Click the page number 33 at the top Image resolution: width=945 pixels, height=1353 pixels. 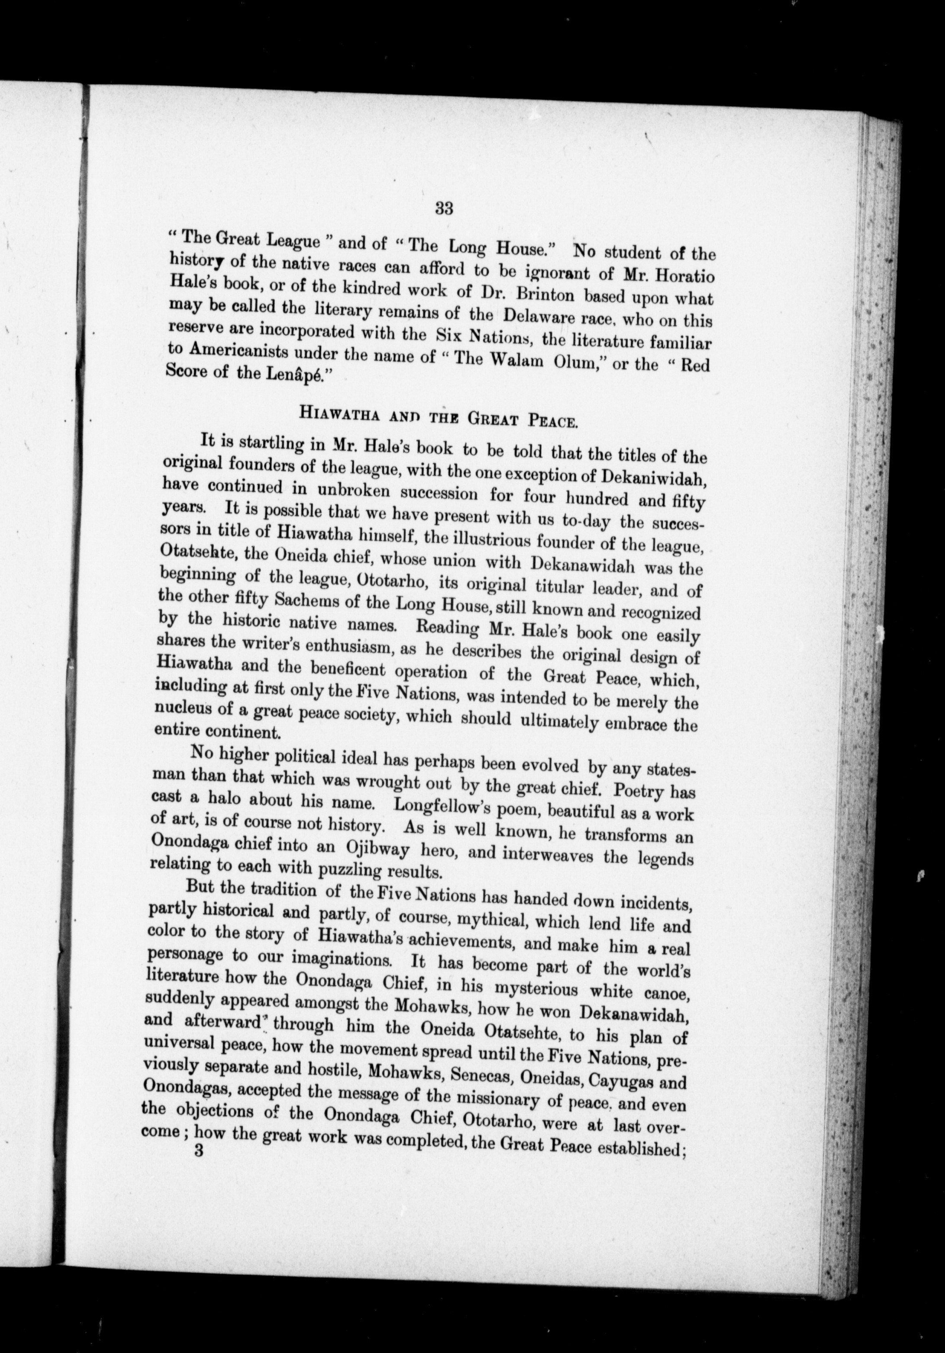pyautogui.click(x=444, y=208)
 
